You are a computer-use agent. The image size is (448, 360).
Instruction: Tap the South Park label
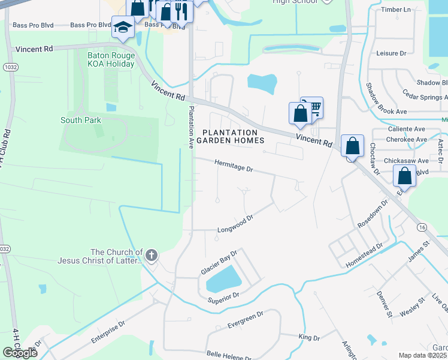pyautogui.click(x=81, y=120)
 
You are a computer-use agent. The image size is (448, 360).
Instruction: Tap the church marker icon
pyautogui.click(x=151, y=256)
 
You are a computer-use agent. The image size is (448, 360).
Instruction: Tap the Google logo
pyautogui.click(x=20, y=353)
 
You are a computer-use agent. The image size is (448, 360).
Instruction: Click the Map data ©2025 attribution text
pyautogui.click(x=422, y=355)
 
